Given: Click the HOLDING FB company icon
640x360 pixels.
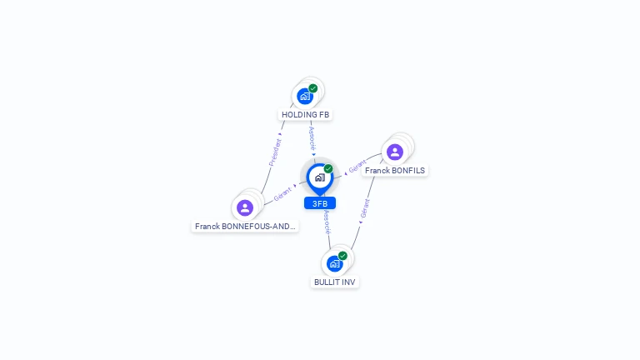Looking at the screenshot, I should tap(305, 97).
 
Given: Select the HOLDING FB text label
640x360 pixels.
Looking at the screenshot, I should tap(305, 115).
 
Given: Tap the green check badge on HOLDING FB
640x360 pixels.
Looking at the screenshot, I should tap(313, 88).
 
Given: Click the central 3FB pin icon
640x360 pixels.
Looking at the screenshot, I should tap(319, 177).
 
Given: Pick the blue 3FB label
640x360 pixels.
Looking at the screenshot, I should tap(320, 203).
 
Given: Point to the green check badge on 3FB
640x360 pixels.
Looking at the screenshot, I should tap(328, 169).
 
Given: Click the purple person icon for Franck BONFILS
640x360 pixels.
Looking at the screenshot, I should tap(395, 152).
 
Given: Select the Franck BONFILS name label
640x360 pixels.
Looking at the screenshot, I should tap(395, 171).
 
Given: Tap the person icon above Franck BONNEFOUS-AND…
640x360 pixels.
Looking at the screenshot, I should tap(245, 207).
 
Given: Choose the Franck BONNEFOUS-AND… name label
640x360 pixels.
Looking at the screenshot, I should tap(245, 226).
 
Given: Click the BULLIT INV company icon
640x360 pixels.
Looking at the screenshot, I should tap(334, 264).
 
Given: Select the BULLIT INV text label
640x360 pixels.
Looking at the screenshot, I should tap(335, 282).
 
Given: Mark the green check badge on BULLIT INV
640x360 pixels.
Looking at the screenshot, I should tap(342, 256).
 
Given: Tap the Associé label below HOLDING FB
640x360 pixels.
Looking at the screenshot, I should tap(312, 137).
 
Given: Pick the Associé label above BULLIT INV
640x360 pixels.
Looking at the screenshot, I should tap(327, 222).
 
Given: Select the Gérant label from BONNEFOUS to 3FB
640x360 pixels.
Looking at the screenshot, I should tap(282, 194).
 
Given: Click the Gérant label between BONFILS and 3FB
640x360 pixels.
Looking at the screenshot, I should tap(357, 167).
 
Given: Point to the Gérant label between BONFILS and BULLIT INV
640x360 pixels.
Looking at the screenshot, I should tap(365, 208).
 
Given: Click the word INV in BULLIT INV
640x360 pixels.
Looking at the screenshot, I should tap(347, 282).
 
